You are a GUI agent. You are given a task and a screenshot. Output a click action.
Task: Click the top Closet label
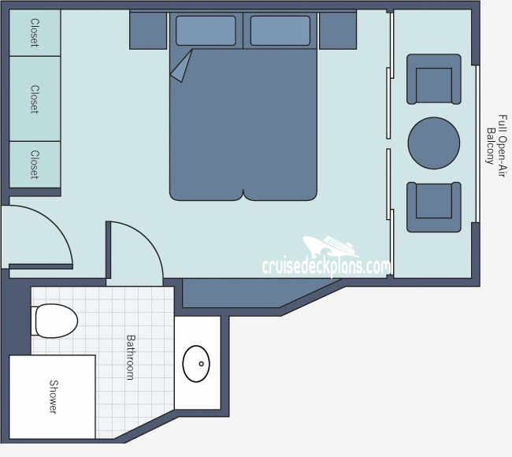[35, 33]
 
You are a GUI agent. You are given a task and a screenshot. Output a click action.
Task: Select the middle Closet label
[35, 99]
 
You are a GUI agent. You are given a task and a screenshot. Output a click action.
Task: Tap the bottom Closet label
[35, 165]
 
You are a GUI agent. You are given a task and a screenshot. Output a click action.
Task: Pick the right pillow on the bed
[280, 31]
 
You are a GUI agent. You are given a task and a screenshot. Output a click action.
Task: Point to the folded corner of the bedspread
[182, 68]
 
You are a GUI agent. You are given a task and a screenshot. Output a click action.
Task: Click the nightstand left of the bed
[148, 31]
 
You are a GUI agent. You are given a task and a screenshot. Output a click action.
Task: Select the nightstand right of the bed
[338, 31]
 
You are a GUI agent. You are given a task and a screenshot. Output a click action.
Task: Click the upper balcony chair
[434, 80]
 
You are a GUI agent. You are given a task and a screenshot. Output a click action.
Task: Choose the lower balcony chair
[434, 206]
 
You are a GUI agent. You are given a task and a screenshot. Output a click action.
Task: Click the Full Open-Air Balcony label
[495, 142]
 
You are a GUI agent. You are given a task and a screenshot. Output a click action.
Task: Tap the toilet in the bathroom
[55, 321]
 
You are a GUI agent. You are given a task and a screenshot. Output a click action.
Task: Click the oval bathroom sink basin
[196, 363]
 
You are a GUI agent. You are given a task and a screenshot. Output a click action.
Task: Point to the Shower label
[54, 397]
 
